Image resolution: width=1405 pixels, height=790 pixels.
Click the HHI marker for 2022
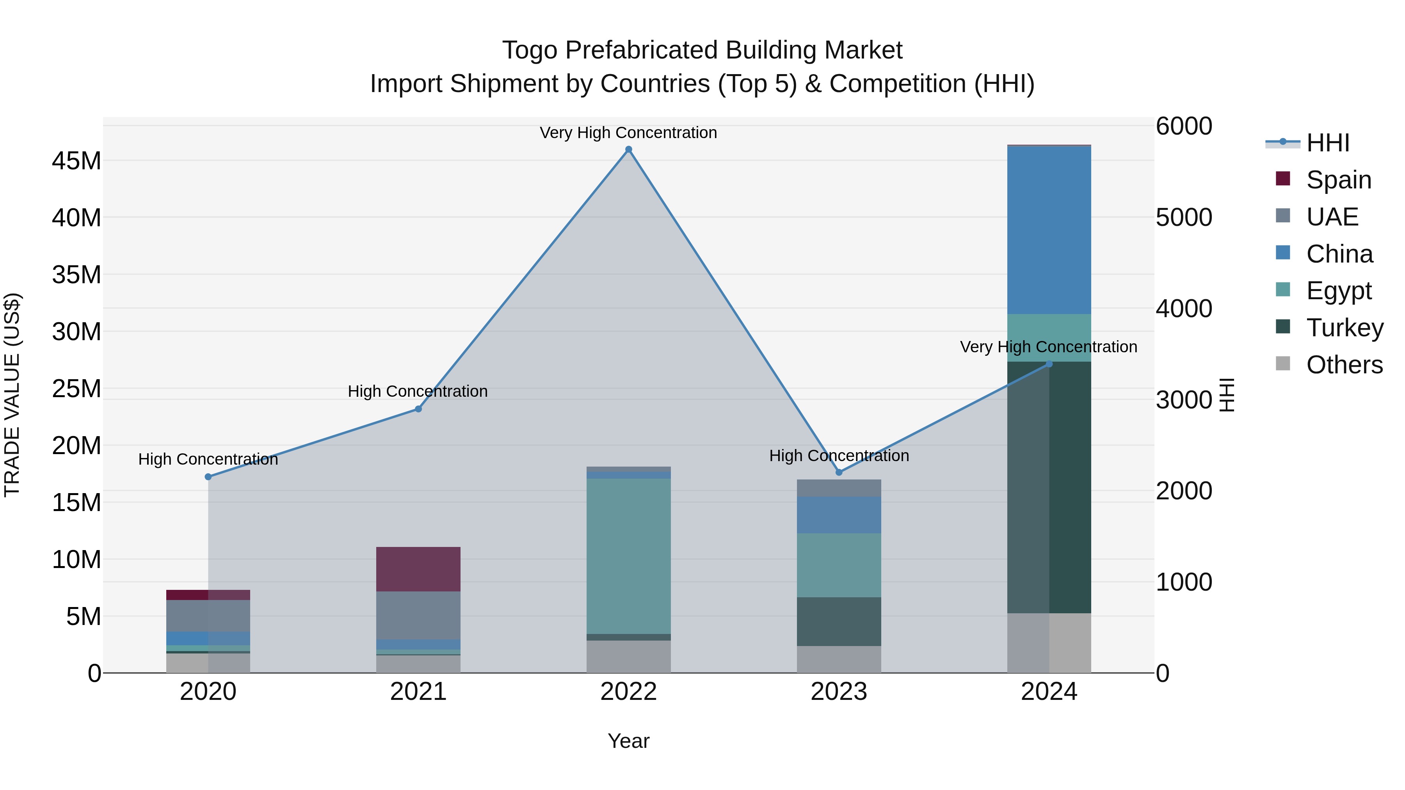coord(628,149)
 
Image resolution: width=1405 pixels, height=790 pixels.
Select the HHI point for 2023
coord(839,472)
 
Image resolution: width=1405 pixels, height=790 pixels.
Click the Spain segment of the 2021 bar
coord(418,569)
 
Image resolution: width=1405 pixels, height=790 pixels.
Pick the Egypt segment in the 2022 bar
coord(628,556)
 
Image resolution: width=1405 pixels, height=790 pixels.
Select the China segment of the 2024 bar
coord(1049,230)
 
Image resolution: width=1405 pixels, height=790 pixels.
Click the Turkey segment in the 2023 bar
coord(839,621)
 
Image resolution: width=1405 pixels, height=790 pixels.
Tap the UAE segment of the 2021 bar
coord(418,615)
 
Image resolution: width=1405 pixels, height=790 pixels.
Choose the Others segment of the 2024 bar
coord(1049,643)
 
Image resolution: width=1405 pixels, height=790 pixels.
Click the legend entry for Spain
coord(1339,180)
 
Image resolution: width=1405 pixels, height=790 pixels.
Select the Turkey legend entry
coord(1345,328)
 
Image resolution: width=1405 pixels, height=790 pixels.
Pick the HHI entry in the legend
coord(1328,143)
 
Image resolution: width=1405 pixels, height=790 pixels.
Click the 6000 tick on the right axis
coord(1184,126)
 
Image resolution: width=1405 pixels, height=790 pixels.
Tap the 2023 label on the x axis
coord(839,692)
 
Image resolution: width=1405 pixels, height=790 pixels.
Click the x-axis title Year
coord(628,741)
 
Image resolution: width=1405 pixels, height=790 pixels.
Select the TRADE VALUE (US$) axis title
coord(12,395)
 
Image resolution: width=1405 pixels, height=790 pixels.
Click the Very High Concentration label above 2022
coord(628,133)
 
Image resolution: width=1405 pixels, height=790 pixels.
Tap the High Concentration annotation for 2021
coord(418,391)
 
